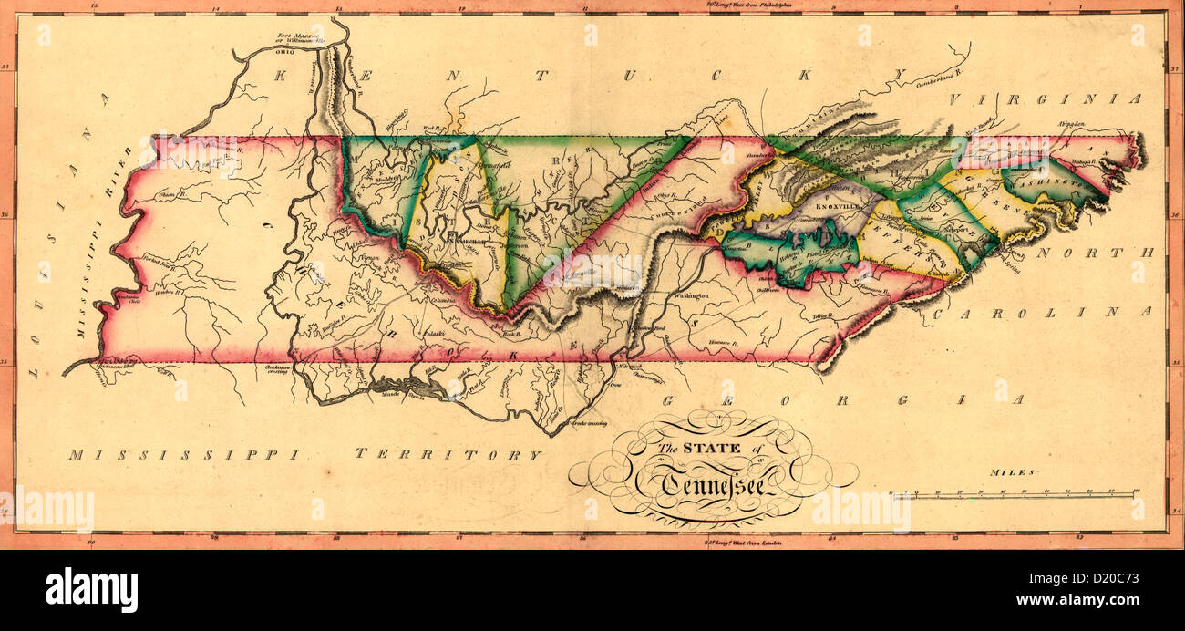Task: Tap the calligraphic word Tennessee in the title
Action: coord(714,482)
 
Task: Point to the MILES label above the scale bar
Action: coord(1013,472)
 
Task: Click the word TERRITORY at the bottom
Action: coord(448,454)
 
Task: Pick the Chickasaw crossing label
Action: coord(278,369)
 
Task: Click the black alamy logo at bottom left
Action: coord(91,589)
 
